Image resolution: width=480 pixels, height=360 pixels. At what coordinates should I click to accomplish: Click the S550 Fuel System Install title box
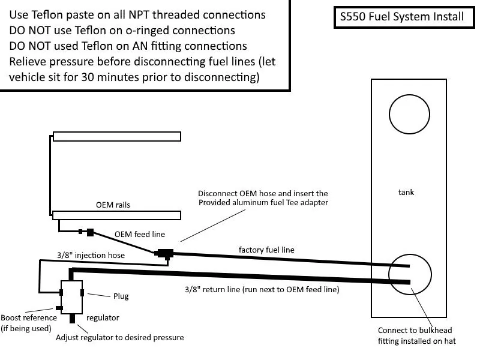tap(404, 17)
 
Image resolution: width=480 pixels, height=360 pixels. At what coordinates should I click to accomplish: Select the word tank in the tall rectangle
tap(406, 192)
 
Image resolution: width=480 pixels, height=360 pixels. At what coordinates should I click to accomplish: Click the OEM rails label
tap(113, 205)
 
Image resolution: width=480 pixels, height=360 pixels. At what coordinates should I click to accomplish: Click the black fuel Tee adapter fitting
tap(164, 254)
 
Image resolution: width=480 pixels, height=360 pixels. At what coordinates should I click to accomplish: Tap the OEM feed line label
tap(140, 234)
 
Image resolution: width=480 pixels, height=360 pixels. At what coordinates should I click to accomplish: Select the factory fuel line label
tap(266, 250)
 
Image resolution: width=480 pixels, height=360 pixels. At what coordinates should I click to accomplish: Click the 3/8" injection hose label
tap(91, 256)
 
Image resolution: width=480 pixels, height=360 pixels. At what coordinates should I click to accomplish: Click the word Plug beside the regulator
tap(121, 296)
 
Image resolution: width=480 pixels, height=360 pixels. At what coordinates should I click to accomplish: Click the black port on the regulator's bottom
tap(72, 319)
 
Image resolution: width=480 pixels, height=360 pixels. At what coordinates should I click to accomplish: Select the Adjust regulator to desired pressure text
tap(119, 337)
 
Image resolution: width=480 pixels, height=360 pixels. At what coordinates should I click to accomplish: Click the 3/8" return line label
tap(262, 290)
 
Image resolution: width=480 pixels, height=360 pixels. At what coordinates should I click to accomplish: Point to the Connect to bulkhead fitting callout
tap(416, 335)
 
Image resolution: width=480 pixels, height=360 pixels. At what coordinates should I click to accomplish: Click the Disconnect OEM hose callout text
tap(263, 198)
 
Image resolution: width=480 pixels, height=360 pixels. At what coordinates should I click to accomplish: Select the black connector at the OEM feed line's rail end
tap(90, 233)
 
